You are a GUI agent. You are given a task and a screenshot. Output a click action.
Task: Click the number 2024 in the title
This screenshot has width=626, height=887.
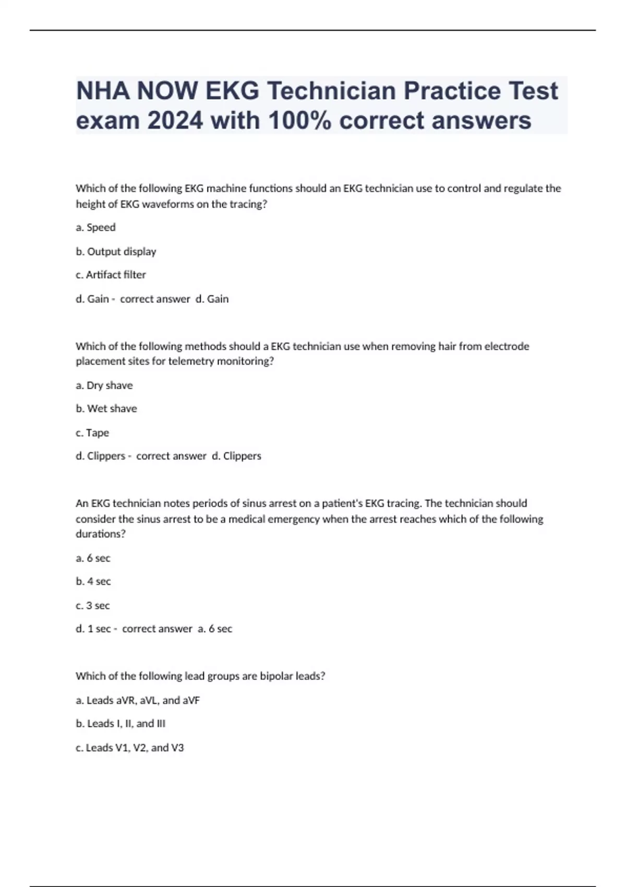[175, 121]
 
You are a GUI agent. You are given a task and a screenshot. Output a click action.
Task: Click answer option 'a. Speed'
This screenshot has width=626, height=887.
[95, 227]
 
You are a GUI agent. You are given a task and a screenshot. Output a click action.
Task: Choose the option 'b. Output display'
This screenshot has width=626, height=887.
[116, 251]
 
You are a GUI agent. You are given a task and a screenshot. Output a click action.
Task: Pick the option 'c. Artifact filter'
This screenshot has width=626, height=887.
[111, 275]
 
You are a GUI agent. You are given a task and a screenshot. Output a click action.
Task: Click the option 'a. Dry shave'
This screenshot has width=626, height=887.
[104, 386]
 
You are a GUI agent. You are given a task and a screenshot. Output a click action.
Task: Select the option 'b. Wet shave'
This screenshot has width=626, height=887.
[106, 409]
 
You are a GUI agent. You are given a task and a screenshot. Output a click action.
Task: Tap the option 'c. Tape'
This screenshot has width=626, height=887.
[92, 433]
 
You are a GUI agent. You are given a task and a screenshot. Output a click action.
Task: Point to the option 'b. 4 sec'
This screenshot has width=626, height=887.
[93, 581]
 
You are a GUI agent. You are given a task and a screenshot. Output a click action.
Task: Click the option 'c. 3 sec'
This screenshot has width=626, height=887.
[92, 605]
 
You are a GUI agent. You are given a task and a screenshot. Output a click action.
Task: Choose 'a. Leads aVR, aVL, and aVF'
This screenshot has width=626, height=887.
[137, 700]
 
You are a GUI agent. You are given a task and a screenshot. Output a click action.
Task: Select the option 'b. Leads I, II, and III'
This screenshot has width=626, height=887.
[120, 724]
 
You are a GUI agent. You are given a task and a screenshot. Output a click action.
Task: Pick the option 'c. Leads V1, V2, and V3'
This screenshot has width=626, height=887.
[129, 748]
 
